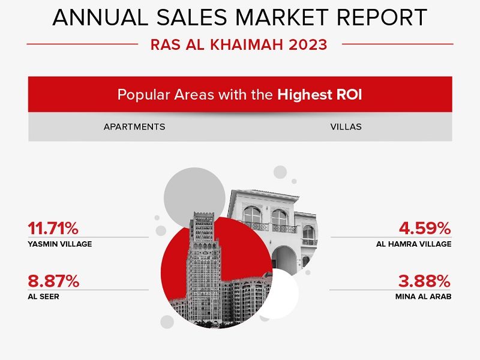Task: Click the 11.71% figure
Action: pos(53,228)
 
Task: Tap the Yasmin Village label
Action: pos(59,244)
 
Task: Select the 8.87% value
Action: pos(53,281)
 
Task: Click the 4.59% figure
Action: pos(425,228)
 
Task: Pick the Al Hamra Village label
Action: pos(414,244)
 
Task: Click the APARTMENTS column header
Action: pos(134,127)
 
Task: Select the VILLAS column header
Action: pos(346,127)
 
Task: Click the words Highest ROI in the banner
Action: pos(320,95)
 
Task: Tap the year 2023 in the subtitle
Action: pos(309,44)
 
